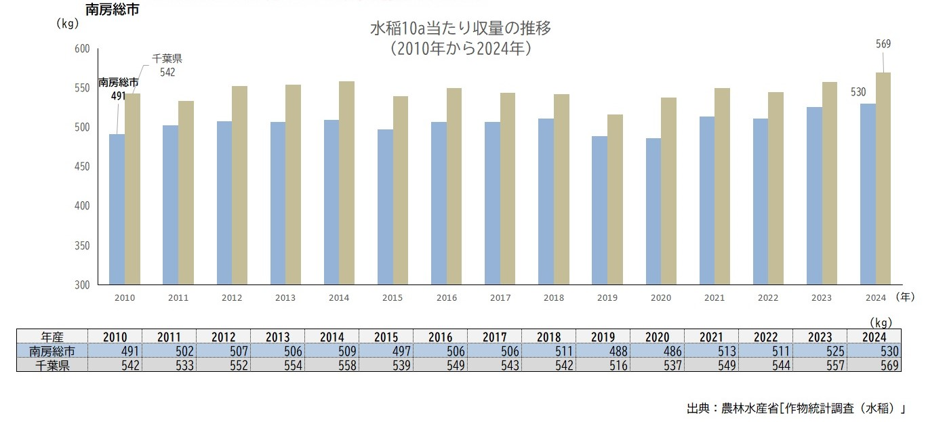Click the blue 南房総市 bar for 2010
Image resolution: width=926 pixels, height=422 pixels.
click(x=117, y=209)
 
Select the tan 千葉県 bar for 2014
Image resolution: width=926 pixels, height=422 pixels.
click(x=346, y=183)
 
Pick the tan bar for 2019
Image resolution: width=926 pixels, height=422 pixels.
click(x=615, y=200)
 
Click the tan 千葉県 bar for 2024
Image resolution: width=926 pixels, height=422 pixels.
click(x=883, y=179)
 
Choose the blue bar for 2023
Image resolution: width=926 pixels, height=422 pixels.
click(x=814, y=196)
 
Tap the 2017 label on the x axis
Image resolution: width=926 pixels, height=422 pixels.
click(x=500, y=298)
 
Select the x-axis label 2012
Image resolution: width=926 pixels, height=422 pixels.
click(x=231, y=298)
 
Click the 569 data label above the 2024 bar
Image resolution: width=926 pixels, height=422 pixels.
click(x=883, y=44)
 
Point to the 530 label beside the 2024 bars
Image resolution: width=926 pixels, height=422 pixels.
click(x=858, y=92)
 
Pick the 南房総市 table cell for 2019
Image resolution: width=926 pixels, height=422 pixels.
click(x=603, y=351)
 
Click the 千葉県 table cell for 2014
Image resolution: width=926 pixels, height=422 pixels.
click(x=332, y=365)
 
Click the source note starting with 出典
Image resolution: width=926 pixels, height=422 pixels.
click(x=796, y=408)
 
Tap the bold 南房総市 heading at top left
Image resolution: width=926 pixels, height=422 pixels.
click(x=114, y=9)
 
